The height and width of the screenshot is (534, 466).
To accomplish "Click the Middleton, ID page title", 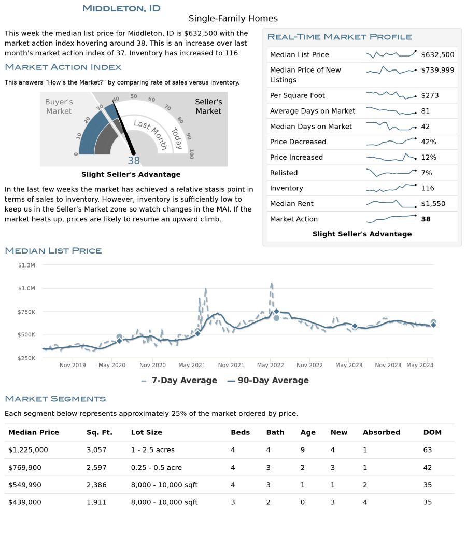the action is [121, 8].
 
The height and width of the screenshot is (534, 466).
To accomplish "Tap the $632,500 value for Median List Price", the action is [437, 54].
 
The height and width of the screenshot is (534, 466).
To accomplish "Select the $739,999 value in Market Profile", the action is [437, 70].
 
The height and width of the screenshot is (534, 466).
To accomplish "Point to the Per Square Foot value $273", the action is [430, 95].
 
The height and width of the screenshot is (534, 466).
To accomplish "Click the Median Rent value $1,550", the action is [433, 204].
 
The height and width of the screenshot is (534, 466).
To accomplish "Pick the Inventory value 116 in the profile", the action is [428, 188].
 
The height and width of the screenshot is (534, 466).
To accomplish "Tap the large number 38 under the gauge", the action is [134, 160].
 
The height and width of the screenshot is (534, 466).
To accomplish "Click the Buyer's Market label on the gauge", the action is [59, 106].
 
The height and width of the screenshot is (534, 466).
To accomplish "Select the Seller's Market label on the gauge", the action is [208, 106].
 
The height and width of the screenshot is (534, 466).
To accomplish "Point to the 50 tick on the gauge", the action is [134, 96].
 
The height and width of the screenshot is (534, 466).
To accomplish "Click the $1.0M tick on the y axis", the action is [26, 288].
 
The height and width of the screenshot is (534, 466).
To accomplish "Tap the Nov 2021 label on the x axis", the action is [231, 365].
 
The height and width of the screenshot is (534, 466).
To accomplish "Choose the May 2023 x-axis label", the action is [349, 365].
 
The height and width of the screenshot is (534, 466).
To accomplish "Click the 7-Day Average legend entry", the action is [179, 380].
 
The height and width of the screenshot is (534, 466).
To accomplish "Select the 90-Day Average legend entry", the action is [268, 380].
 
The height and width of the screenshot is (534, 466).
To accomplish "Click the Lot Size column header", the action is [146, 432].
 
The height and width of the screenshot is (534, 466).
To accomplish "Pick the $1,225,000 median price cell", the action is [28, 450].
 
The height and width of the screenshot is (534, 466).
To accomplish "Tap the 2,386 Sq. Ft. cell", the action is [96, 485].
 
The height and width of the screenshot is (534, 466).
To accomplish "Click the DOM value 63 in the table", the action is [428, 450].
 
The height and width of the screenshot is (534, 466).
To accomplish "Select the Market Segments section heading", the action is [55, 399].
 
